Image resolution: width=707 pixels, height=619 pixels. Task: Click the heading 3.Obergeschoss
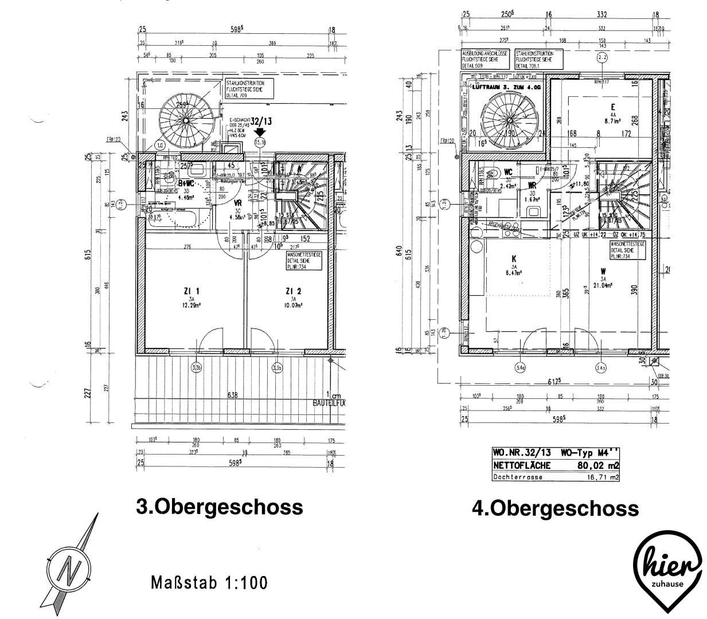(x=218, y=507)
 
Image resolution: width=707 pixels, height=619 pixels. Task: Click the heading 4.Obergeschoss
(x=554, y=508)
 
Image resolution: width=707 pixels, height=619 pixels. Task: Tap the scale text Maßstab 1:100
(x=209, y=583)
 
